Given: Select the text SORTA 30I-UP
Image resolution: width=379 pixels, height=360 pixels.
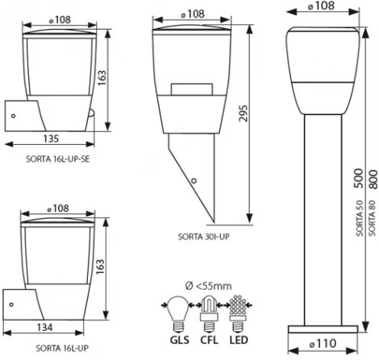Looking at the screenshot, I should (204, 238).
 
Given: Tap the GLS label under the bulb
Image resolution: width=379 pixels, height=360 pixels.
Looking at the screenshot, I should (176, 329).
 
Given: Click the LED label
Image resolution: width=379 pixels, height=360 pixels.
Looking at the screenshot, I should (239, 329).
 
